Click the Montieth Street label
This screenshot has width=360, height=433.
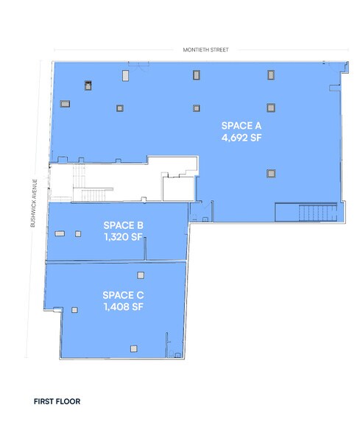point(205,50)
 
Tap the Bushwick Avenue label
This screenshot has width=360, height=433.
point(34,203)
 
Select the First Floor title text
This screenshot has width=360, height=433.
point(57,401)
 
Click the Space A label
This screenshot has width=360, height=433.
point(241,126)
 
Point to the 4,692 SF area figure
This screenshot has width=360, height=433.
point(241,138)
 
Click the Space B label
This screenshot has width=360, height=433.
point(124,225)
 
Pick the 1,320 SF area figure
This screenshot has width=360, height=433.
point(124,237)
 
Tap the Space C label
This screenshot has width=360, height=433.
point(123,295)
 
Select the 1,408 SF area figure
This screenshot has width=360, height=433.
point(124,307)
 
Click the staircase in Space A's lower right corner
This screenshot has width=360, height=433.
point(318,212)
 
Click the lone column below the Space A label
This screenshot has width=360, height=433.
point(271,174)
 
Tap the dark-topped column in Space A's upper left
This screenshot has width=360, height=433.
point(88,85)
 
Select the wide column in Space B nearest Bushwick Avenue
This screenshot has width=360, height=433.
point(60,233)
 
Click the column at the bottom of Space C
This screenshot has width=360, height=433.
point(134,349)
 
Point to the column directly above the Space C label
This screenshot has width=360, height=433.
point(141,275)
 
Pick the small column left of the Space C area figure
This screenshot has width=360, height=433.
point(74,310)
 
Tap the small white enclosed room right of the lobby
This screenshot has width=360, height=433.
point(178,189)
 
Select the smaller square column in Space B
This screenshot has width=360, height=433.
point(78,234)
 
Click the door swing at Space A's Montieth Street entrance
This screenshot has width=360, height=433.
point(139,65)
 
